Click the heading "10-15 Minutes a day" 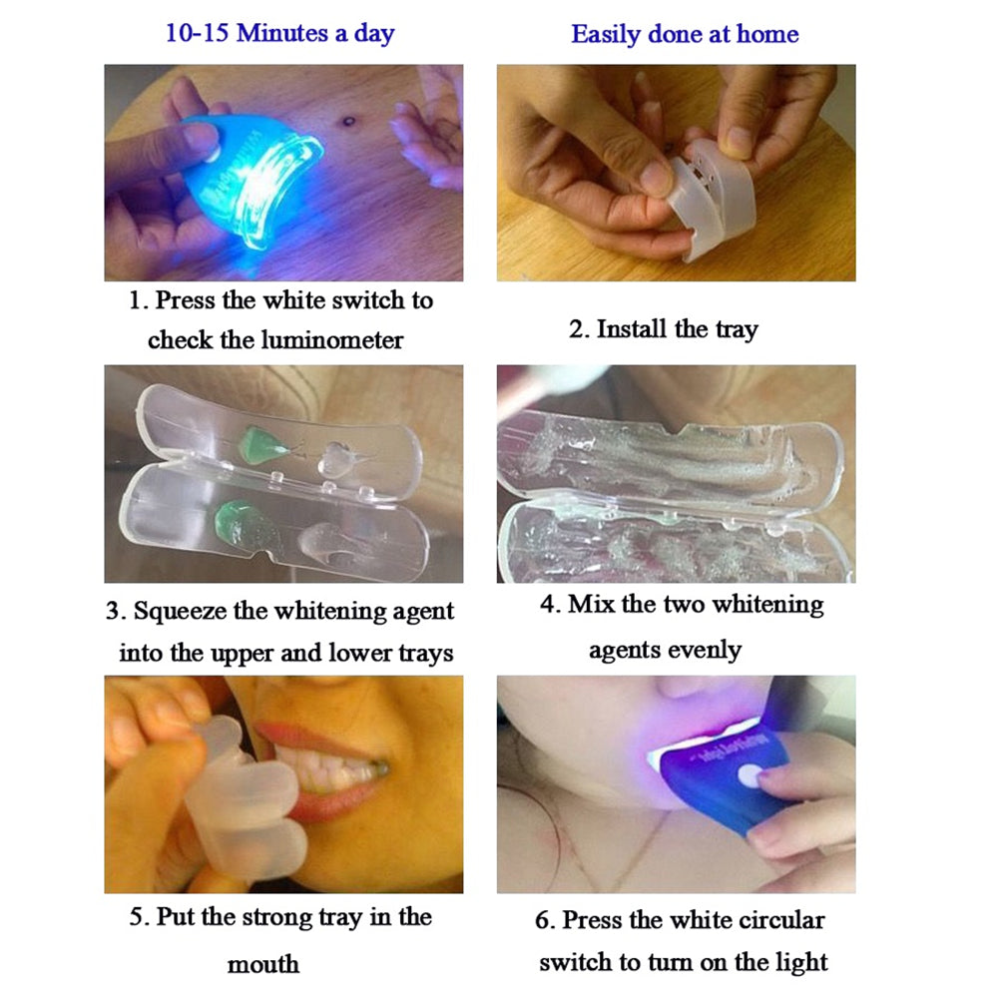tap(280, 33)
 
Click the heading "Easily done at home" tap(685, 35)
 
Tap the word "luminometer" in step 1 tap(332, 340)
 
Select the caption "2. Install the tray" tap(664, 329)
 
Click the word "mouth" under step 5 tap(263, 963)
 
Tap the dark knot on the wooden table tap(348, 121)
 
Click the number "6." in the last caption tap(545, 919)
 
